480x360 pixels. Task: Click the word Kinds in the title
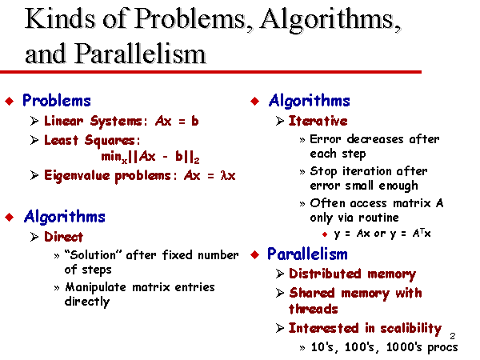pyautogui.click(x=60, y=18)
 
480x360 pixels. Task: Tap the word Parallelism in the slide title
pyautogui.click(x=140, y=54)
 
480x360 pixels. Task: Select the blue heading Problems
pyautogui.click(x=57, y=101)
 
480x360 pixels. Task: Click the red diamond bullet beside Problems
pyautogui.click(x=10, y=101)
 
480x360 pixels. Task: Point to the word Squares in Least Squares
pyautogui.click(x=110, y=141)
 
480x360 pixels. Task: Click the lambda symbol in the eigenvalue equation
pyautogui.click(x=224, y=176)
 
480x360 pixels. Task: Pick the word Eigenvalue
pyautogui.click(x=77, y=176)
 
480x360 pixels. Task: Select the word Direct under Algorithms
pyautogui.click(x=63, y=237)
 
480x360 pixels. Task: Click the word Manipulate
pyautogui.click(x=95, y=287)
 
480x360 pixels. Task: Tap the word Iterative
pyautogui.click(x=318, y=121)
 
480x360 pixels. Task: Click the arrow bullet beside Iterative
pyautogui.click(x=280, y=121)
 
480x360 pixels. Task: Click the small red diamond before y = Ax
pyautogui.click(x=325, y=234)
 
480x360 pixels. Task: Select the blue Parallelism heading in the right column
pyautogui.click(x=307, y=254)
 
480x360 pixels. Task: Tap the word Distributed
pyautogui.click(x=325, y=274)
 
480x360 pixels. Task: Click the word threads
pyautogui.click(x=313, y=309)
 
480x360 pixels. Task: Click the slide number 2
pyautogui.click(x=453, y=336)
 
